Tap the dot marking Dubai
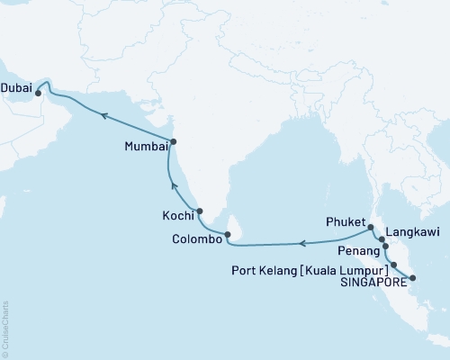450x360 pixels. point(39,92)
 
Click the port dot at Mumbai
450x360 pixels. point(174,141)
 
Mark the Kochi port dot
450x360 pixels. point(200,212)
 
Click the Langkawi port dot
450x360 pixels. point(382,239)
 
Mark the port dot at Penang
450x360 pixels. point(385,246)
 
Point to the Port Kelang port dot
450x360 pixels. point(394,265)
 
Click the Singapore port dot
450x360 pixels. point(412,278)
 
